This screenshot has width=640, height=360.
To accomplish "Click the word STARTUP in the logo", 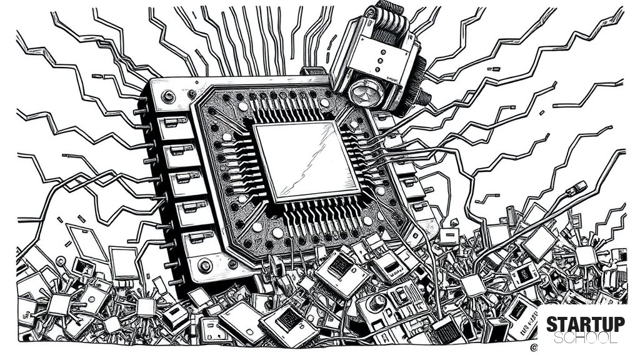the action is point(585,324).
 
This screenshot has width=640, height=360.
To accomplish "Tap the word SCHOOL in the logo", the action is point(585,338).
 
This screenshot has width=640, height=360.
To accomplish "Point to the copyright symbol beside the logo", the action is point(534,347).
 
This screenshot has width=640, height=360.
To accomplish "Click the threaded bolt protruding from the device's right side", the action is point(424,97).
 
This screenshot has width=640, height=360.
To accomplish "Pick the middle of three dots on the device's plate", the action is point(381,61).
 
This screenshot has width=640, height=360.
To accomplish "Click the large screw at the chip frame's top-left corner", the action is point(168,97).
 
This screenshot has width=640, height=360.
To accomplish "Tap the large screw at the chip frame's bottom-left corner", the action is point(204,266).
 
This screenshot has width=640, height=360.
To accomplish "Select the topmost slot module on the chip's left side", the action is point(174,122).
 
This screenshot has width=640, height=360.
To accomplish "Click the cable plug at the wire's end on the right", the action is point(576,187).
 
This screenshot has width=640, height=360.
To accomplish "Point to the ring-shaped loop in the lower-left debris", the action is point(61,261).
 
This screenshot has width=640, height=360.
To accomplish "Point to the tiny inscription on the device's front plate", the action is point(394,77).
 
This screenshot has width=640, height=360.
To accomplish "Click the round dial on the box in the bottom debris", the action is point(376,302).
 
